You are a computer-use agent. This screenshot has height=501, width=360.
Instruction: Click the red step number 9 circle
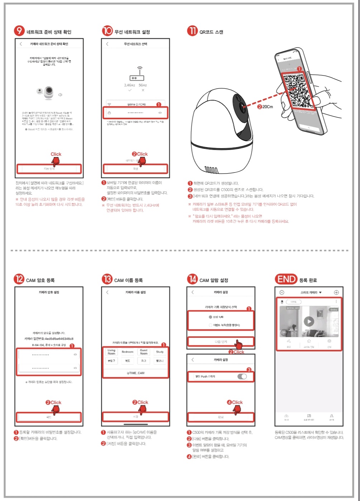pos(19,31)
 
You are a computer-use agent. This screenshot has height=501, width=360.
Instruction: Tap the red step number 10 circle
pos(107,31)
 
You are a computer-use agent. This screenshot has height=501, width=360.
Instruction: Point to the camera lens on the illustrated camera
pos(243,106)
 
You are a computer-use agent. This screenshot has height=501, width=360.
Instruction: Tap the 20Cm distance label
pos(267,107)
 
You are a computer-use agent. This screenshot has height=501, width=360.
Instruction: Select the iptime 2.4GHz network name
pos(136,104)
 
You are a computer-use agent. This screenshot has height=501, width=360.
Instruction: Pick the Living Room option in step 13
pos(112,352)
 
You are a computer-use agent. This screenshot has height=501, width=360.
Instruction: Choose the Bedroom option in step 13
pos(128,352)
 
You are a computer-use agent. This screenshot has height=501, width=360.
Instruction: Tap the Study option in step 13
pos(160,352)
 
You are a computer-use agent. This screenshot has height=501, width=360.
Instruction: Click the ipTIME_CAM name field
pos(135,373)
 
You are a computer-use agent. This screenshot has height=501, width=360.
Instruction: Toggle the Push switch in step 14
pos(242,376)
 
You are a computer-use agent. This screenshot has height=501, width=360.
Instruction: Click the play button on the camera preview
pos(309,321)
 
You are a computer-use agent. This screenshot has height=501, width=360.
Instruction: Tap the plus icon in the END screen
pos(336,292)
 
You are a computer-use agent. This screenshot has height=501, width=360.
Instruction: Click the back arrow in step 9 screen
pos(21,44)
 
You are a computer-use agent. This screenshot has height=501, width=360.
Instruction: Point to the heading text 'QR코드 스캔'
pos(211,32)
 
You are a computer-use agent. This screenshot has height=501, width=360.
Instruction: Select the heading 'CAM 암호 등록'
pos(40,280)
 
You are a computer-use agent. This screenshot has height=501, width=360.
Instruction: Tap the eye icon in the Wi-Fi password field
pos(160,113)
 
